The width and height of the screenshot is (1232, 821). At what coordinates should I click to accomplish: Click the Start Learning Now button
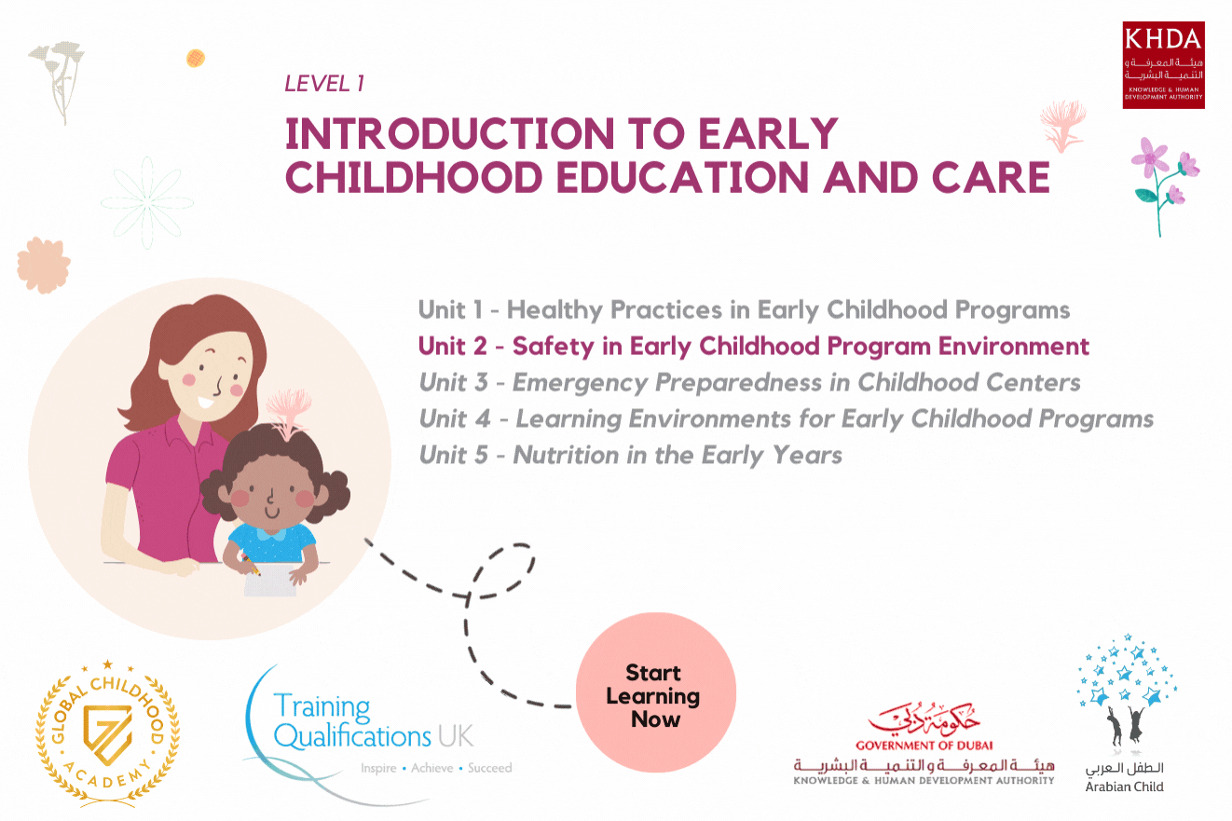click(x=656, y=695)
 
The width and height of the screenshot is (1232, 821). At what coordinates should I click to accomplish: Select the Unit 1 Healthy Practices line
click(x=744, y=309)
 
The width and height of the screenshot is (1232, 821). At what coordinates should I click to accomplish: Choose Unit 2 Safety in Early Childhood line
click(x=753, y=347)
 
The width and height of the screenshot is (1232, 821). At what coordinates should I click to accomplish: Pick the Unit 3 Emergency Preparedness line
click(x=749, y=383)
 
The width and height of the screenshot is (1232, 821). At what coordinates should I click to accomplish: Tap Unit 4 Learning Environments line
click(x=786, y=419)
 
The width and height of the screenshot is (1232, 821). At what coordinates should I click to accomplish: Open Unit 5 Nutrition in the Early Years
click(x=630, y=456)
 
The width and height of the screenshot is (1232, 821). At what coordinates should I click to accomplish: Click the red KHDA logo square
click(x=1163, y=65)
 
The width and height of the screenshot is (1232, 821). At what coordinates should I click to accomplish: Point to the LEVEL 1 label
click(x=323, y=84)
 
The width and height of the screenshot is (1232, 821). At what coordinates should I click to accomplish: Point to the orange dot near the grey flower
click(x=195, y=58)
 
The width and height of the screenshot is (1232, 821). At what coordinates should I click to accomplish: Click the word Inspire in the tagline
click(x=378, y=769)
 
